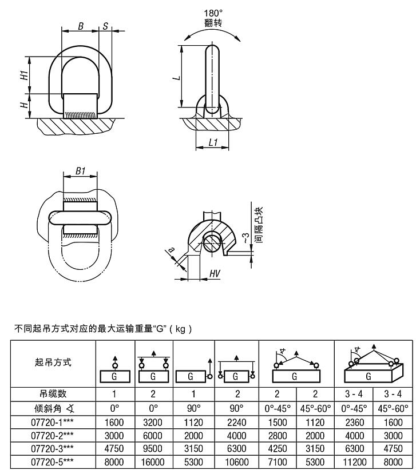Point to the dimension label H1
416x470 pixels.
coord(24,75)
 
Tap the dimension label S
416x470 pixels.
coord(106,26)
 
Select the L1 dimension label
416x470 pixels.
coord(213,142)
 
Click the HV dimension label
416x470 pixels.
coord(215,274)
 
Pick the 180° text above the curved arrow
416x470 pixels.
coord(213,13)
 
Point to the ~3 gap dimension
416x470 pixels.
coord(247,239)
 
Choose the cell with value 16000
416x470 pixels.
coord(154,460)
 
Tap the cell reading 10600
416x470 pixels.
coord(236,460)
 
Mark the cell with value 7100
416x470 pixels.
coord(278,460)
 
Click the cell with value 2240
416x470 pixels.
coord(236,423)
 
